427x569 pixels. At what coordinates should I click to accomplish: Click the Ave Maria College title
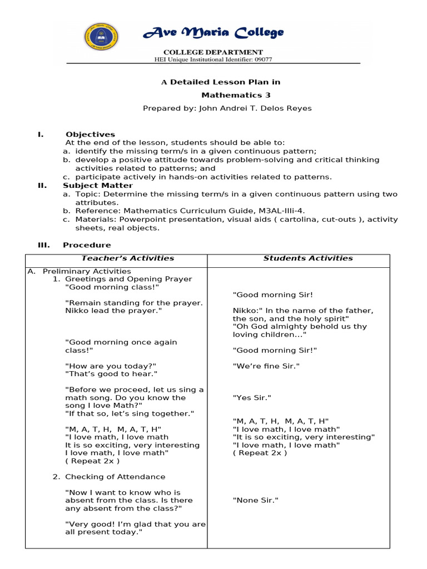(x=213, y=33)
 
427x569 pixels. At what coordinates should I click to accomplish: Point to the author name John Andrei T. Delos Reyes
(x=255, y=108)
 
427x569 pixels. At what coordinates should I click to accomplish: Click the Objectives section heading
(x=90, y=134)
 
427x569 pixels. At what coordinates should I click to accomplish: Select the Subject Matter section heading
(x=98, y=185)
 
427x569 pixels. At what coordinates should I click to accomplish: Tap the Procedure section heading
(x=87, y=244)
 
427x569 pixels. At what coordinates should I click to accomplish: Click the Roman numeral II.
(x=42, y=185)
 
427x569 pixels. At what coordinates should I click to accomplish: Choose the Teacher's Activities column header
(x=128, y=258)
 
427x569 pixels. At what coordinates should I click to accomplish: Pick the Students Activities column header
(x=308, y=258)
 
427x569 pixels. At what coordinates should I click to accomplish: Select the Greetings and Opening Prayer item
(x=128, y=279)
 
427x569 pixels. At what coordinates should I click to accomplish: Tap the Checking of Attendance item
(x=115, y=476)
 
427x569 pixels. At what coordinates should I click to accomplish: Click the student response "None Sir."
(x=255, y=500)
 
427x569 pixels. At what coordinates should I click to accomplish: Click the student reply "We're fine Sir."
(x=266, y=366)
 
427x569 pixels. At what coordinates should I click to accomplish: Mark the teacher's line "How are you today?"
(x=111, y=366)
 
